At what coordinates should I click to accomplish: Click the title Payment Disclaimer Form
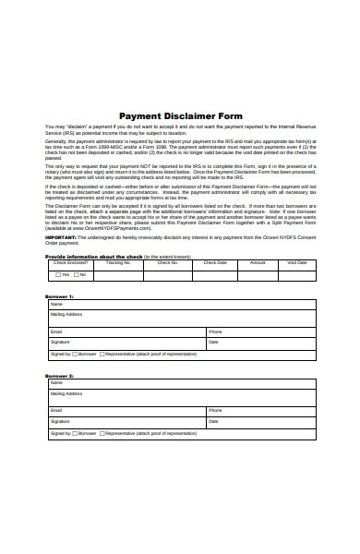tap(180, 115)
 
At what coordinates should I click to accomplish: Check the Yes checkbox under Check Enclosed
tap(57, 274)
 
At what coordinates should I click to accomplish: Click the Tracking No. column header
tap(119, 263)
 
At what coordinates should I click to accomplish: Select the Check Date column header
tap(214, 263)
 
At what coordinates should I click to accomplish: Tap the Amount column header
tap(258, 263)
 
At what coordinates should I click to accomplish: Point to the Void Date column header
tap(297, 263)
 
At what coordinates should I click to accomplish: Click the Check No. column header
tap(167, 263)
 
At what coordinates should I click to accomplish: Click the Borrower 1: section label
tap(59, 296)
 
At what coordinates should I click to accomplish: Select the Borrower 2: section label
tap(59, 376)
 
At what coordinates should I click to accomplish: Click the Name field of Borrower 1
tap(180, 304)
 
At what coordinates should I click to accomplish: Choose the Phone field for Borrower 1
tap(260, 331)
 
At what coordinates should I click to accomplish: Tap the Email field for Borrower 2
tap(126, 410)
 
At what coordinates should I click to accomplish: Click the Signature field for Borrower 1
tap(126, 342)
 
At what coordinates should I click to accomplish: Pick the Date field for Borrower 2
tap(260, 421)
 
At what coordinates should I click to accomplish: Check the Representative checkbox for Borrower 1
tap(102, 354)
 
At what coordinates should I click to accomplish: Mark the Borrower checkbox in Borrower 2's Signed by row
tap(75, 432)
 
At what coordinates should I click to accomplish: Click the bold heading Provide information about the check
tap(92, 256)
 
